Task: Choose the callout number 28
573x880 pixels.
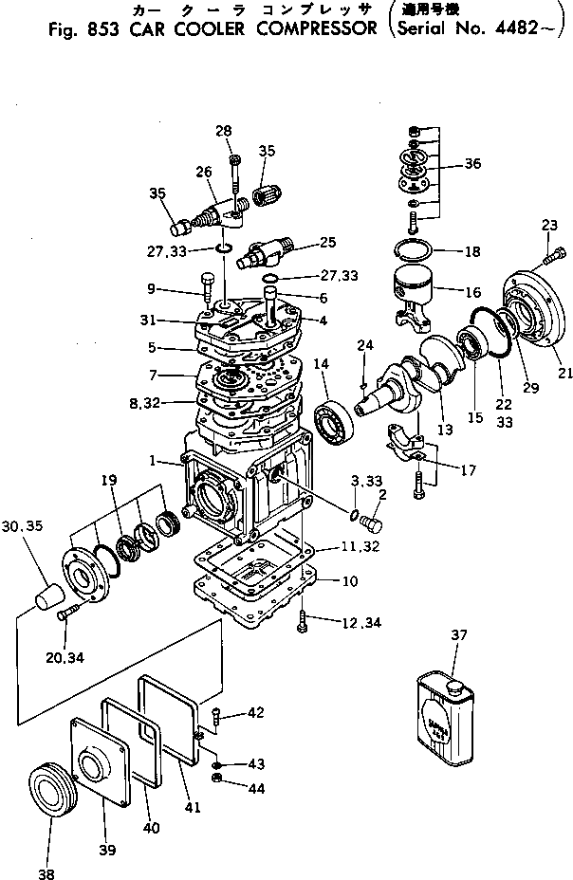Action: pos(223,130)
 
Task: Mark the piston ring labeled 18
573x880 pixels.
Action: pos(413,251)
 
